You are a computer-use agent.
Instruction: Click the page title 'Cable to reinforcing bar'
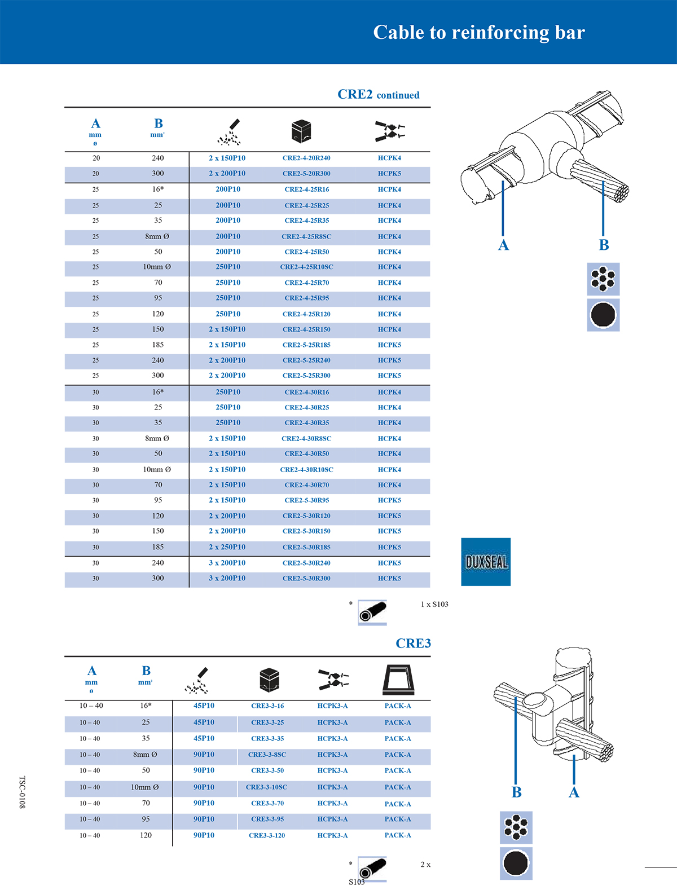[479, 33]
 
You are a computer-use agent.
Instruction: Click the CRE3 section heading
[413, 643]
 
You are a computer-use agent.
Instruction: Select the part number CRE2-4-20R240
[306, 158]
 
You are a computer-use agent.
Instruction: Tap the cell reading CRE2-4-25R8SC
[306, 237]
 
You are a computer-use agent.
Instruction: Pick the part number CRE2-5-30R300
[306, 579]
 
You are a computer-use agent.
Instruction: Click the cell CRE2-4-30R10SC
[306, 470]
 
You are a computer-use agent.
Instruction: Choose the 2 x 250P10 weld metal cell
[227, 547]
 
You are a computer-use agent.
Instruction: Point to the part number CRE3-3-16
[267, 706]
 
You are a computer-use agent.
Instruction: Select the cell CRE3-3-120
[267, 836]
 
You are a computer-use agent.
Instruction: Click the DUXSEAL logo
[486, 562]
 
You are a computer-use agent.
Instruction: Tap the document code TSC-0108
[23, 792]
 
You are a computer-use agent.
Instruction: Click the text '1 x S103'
[434, 605]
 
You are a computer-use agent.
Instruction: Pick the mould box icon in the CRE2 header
[301, 131]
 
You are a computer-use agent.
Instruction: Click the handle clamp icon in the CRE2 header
[390, 131]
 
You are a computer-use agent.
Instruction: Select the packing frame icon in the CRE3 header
[398, 680]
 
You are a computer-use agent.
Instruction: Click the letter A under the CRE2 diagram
[503, 245]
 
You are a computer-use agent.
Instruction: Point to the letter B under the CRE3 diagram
[516, 792]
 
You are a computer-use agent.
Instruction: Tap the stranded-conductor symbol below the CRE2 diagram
[603, 279]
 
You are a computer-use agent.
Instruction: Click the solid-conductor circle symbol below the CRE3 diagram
[516, 863]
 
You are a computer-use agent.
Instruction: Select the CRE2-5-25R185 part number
[306, 345]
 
